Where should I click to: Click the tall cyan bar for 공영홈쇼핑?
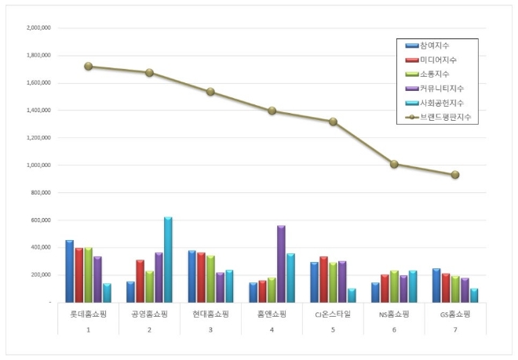pyautogui.click(x=167, y=260)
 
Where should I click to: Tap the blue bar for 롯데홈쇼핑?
pyautogui.click(x=69, y=271)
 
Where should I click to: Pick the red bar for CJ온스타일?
pyautogui.click(x=323, y=279)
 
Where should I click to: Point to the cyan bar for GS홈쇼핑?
pyautogui.click(x=474, y=295)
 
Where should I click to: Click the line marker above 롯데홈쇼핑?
pyautogui.click(x=88, y=67)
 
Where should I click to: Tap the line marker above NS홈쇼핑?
pyautogui.click(x=394, y=165)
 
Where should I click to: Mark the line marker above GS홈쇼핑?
pyautogui.click(x=455, y=175)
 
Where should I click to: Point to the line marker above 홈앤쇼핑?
pyautogui.click(x=272, y=111)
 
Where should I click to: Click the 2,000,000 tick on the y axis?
pyautogui.click(x=38, y=27)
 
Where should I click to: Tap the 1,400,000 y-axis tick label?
pyautogui.click(x=38, y=111)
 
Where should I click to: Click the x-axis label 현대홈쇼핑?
pyautogui.click(x=210, y=314)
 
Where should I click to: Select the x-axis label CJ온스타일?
pyautogui.click(x=333, y=314)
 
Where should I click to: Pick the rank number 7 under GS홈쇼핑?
pyautogui.click(x=455, y=329)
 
